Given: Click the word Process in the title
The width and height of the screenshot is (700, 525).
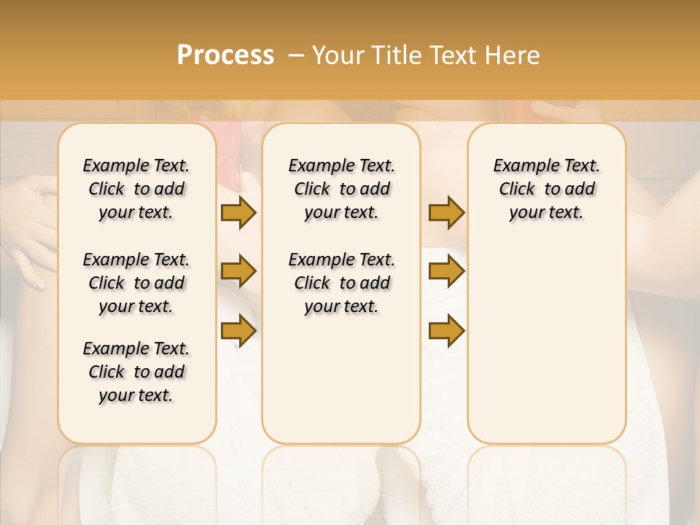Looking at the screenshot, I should [225, 55].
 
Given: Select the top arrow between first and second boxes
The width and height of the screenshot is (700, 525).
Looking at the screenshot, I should [238, 213].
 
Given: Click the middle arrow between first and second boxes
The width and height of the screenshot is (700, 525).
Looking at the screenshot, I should [238, 272].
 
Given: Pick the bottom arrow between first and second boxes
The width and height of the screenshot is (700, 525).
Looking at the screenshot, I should [238, 330].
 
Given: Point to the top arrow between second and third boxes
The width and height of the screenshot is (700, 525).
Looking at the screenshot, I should [446, 213].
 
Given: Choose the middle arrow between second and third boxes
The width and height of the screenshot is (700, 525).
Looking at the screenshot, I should [446, 272].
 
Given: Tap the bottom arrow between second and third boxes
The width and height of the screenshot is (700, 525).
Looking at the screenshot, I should [446, 330].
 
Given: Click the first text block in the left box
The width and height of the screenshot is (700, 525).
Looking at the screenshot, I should [136, 189].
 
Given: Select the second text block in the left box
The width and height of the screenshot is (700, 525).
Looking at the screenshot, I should [136, 283].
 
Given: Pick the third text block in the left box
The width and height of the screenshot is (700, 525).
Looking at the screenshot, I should [136, 372].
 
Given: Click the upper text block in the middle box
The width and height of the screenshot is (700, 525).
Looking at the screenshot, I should [341, 189].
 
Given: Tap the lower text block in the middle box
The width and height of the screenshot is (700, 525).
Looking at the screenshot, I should [341, 283].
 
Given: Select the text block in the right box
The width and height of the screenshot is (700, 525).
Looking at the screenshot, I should [546, 189].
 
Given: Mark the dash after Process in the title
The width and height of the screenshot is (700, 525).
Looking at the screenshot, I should [295, 55].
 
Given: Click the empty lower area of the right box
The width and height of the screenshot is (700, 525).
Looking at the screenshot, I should [546, 343].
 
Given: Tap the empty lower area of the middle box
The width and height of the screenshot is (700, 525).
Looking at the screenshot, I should [341, 379].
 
